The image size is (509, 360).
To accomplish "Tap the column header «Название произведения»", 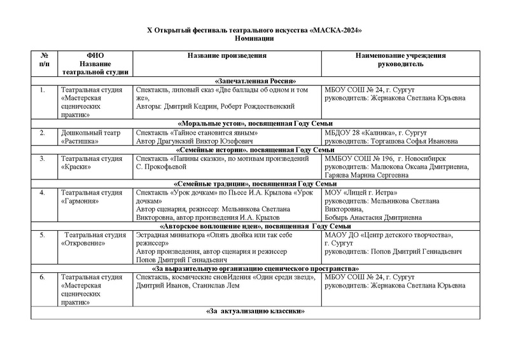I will click(227, 56).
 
